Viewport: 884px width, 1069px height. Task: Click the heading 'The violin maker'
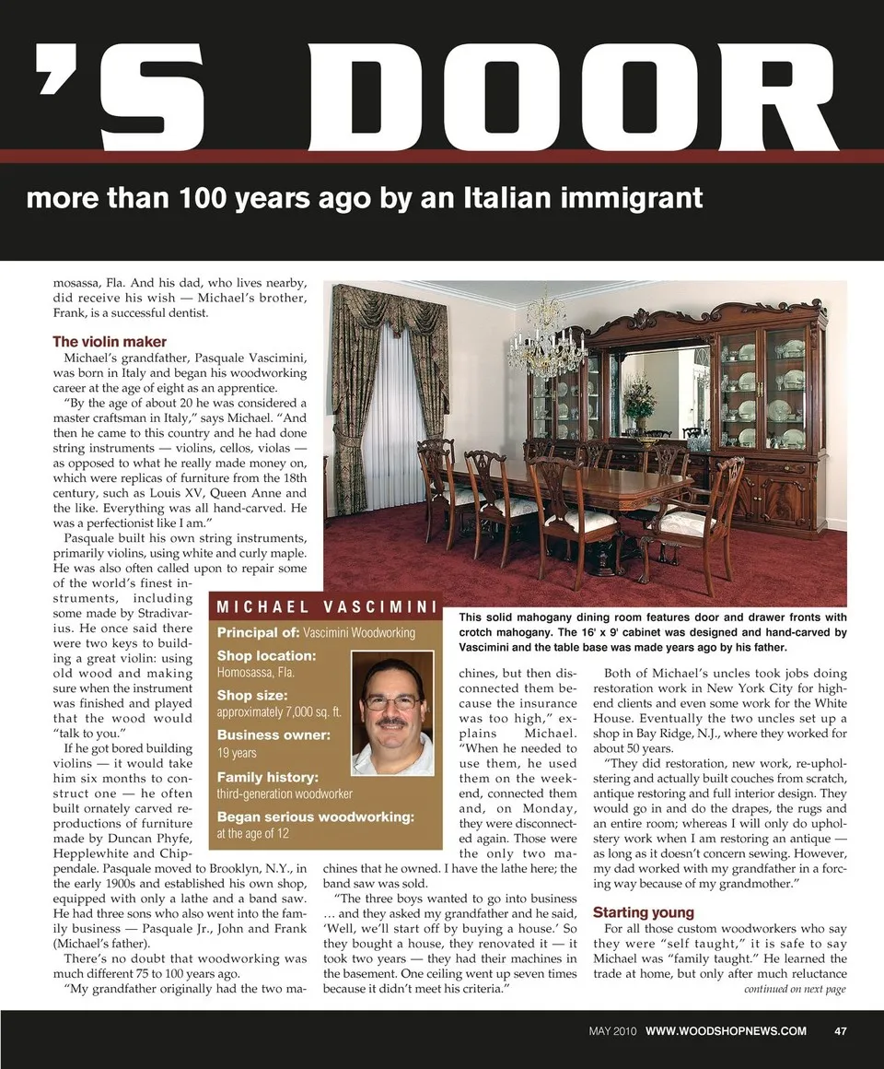pos(110,341)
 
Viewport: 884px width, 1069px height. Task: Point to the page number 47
pos(840,1030)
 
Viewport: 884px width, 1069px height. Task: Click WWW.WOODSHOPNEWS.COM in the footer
pos(726,1030)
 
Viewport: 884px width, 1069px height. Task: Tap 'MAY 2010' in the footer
pos(612,1030)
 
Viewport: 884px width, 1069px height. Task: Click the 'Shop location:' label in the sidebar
pos(266,655)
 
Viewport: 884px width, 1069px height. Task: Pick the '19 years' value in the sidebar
pos(237,753)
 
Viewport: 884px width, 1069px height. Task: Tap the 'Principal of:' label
pos(258,632)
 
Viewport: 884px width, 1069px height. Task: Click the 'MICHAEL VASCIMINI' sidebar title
pos(325,607)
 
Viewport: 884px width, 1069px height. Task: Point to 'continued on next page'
pos(794,990)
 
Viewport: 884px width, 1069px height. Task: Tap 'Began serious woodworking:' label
pos(315,816)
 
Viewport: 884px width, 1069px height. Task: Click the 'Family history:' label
pos(267,777)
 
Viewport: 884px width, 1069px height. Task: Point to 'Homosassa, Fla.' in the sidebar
pos(256,673)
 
